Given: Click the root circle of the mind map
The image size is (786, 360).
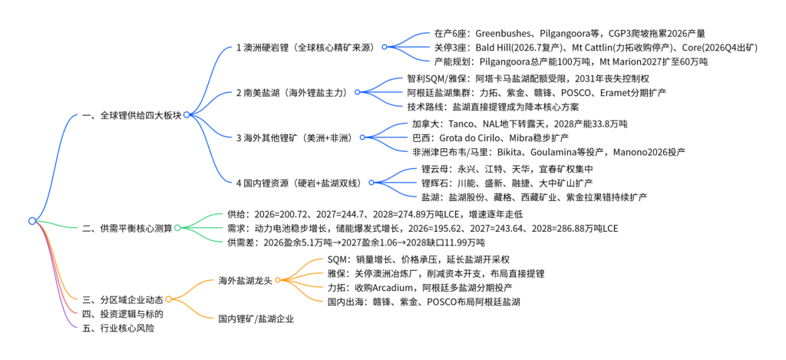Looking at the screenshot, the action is [32, 220].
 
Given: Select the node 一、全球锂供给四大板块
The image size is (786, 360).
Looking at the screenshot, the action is [132, 115].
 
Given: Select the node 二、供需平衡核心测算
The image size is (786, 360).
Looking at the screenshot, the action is [127, 228].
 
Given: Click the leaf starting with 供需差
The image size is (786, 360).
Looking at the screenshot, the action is [356, 243].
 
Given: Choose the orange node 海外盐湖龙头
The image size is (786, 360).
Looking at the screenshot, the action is [246, 279].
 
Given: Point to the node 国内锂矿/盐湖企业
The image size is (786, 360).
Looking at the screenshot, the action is [256, 319].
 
